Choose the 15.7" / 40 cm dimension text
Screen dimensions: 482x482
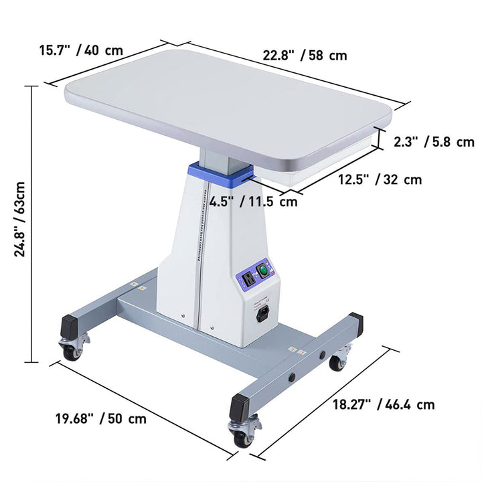[81, 51]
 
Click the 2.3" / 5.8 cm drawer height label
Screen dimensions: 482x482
[434, 141]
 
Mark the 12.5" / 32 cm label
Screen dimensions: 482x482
[380, 179]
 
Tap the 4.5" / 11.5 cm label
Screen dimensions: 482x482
[253, 202]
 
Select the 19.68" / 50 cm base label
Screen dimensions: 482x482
[100, 419]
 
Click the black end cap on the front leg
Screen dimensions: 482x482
[240, 407]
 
